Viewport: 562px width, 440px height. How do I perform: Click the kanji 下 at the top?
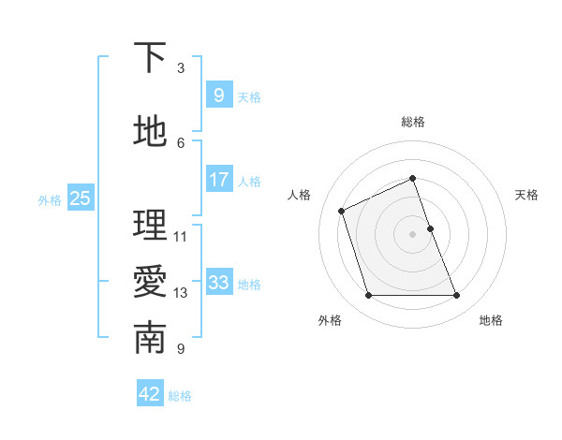click(x=150, y=58)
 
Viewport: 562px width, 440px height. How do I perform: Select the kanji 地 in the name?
click(x=150, y=132)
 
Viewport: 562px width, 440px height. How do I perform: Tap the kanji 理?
click(x=150, y=226)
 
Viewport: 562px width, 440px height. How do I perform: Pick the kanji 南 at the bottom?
click(x=150, y=339)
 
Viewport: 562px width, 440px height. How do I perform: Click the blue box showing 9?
click(x=218, y=95)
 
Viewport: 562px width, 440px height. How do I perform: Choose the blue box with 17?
click(x=218, y=180)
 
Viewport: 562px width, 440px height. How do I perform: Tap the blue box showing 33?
click(x=218, y=283)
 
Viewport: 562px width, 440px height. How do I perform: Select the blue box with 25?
click(x=80, y=198)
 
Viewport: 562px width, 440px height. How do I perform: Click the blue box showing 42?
click(x=150, y=394)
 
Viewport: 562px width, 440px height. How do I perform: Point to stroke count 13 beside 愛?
click(x=181, y=293)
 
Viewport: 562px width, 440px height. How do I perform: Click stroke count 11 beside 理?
click(x=181, y=236)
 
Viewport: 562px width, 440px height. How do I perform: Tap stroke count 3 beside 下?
click(x=181, y=68)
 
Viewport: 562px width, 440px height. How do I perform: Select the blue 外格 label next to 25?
click(x=50, y=199)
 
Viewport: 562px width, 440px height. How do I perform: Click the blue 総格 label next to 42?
click(x=180, y=396)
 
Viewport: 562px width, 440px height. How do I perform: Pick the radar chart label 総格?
click(x=413, y=122)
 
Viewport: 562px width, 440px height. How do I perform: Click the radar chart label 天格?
click(x=527, y=195)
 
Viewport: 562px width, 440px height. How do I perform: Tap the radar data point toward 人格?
click(x=342, y=210)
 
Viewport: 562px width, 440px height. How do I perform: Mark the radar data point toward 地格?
click(x=457, y=296)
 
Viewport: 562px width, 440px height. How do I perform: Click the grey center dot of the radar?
click(x=413, y=233)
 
